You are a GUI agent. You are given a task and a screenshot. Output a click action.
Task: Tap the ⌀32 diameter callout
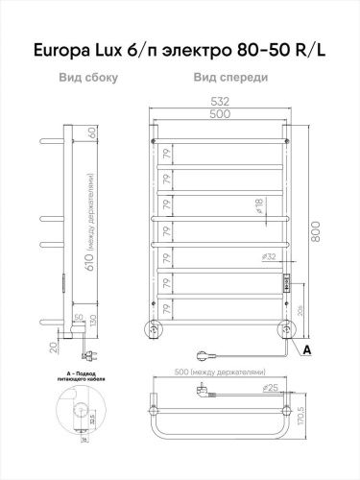[x=270, y=256]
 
